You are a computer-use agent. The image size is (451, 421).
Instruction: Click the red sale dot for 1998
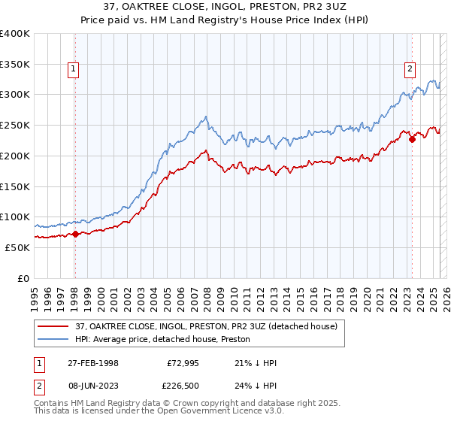75,234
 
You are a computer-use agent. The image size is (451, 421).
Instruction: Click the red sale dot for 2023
412,139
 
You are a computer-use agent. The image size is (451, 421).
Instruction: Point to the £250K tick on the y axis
15,125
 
